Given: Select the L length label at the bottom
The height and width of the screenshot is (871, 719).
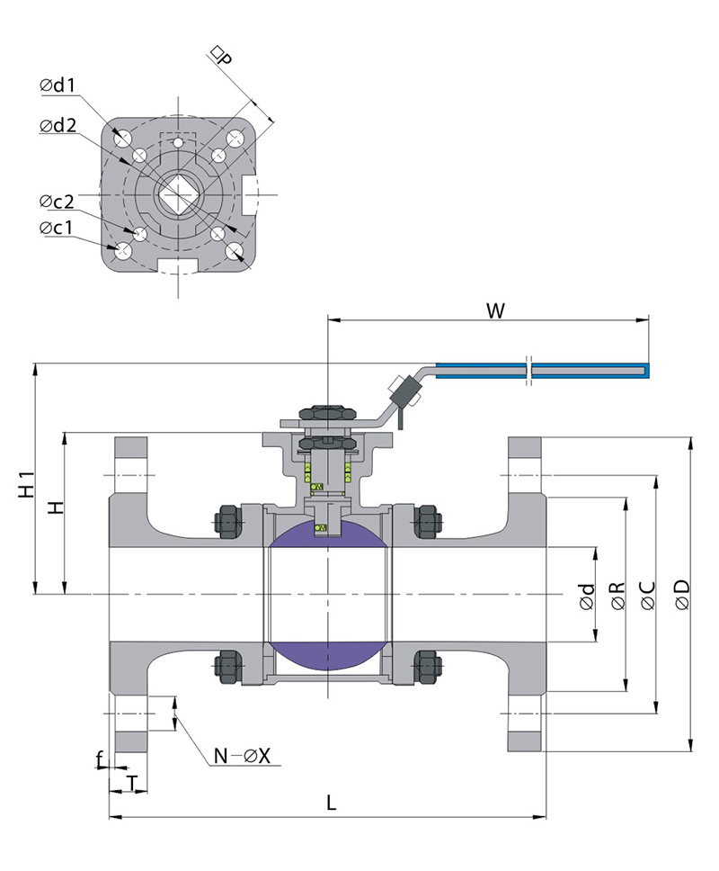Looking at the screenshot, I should (331, 803).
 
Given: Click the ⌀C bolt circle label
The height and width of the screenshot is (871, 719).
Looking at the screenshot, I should (648, 595).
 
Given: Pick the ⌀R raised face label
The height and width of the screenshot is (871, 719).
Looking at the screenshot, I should (617, 595).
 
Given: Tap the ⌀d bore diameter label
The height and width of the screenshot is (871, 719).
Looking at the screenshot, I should (587, 595).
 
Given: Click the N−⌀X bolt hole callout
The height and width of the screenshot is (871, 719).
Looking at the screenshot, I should (242, 756).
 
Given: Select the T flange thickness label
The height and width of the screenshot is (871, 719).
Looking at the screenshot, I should (132, 783).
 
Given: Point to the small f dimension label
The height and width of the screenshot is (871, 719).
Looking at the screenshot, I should (100, 760).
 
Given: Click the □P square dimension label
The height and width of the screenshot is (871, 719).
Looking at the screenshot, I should (219, 58).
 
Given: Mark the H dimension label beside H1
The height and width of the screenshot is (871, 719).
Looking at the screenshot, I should (57, 508).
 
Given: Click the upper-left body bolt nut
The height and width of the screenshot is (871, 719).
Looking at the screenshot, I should (227, 521).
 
